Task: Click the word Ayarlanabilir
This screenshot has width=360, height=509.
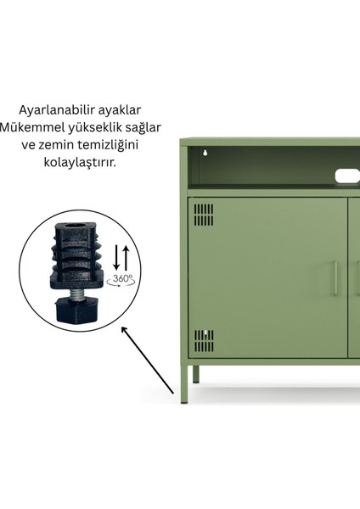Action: [54, 110]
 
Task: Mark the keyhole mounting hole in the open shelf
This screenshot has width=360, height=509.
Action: [205, 154]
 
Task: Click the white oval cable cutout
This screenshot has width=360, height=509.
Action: [347, 175]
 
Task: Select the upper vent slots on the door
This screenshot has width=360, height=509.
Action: [205, 215]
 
